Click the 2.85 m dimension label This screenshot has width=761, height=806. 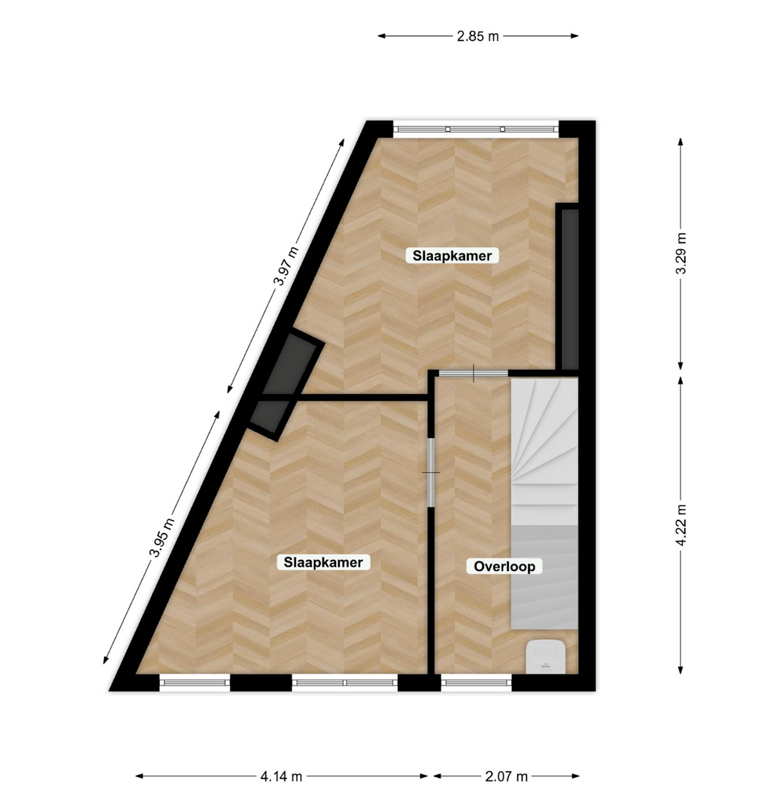[x=478, y=36]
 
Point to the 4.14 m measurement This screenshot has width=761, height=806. [x=280, y=776]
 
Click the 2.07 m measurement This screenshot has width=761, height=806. [x=507, y=776]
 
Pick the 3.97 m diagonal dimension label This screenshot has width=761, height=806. [x=286, y=266]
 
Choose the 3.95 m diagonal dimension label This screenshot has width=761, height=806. [x=162, y=538]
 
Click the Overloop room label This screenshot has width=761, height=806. [x=504, y=567]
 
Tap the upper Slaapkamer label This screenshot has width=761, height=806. [x=452, y=256]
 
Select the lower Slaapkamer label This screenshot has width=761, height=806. [x=324, y=562]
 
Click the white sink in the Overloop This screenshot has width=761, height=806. [x=545, y=657]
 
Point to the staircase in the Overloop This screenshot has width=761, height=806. [x=545, y=503]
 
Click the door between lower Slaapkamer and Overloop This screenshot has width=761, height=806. [x=431, y=472]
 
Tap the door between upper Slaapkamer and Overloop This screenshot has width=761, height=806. [x=473, y=373]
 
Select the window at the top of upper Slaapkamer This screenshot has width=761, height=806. [x=475, y=129]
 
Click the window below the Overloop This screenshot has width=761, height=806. [x=477, y=683]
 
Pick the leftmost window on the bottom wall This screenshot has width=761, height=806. [x=194, y=683]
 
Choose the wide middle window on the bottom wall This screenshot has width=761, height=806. [x=345, y=683]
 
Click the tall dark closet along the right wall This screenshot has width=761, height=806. [x=568, y=288]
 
